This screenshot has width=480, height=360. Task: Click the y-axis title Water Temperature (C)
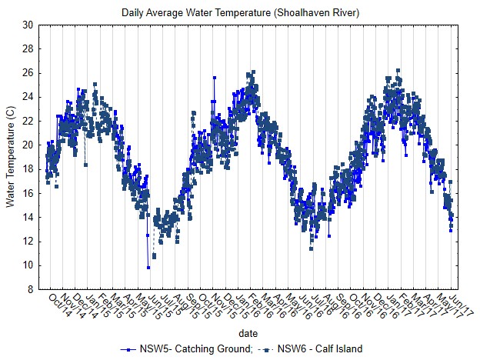(x=10, y=157)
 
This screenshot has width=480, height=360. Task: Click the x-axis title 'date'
(x=248, y=334)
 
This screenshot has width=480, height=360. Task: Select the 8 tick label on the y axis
(x=30, y=290)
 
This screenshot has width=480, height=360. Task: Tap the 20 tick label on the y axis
(x=28, y=145)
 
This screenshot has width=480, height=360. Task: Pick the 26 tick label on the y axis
(x=28, y=73)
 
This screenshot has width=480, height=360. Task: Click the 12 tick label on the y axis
(x=28, y=242)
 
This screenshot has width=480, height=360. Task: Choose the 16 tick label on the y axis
(x=28, y=193)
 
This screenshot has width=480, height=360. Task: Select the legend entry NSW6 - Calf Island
(x=317, y=349)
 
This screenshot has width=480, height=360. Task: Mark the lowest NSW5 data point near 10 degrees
(x=148, y=267)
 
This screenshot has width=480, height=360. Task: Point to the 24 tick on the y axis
(x=28, y=97)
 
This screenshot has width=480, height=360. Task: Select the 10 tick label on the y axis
(x=28, y=265)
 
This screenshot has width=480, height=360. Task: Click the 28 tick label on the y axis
(x=28, y=48)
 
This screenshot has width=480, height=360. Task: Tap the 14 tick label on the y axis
(x=28, y=218)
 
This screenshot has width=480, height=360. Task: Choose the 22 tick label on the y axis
(x=28, y=121)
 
